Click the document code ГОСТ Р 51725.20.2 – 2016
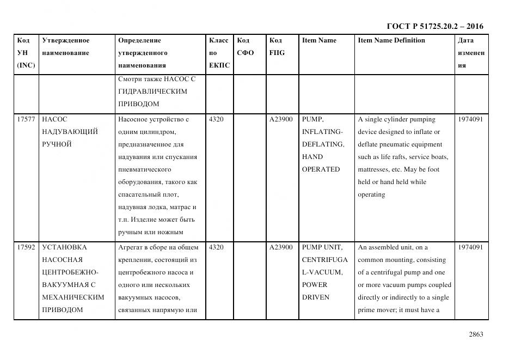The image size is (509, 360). point(434,26)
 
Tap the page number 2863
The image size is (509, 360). point(476,334)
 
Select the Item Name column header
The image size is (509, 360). point(319,40)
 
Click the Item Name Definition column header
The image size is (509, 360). point(391,40)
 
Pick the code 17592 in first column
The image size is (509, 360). point(26,247)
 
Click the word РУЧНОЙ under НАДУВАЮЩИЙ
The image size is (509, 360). point(57,144)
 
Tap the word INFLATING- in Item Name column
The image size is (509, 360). point(322,132)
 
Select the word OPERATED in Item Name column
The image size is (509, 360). point(321,169)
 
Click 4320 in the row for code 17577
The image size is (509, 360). point(216,119)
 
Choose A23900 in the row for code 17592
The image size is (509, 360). point(281,247)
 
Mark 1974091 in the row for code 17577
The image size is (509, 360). point(471,119)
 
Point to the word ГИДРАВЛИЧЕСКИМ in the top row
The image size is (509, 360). point(152,91)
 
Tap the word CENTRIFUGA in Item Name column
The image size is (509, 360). point(322,260)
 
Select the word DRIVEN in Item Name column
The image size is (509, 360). point(315,297)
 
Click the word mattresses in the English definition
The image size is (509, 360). point(376,169)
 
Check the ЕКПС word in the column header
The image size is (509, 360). point(219,65)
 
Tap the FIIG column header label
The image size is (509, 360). point(277,53)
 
